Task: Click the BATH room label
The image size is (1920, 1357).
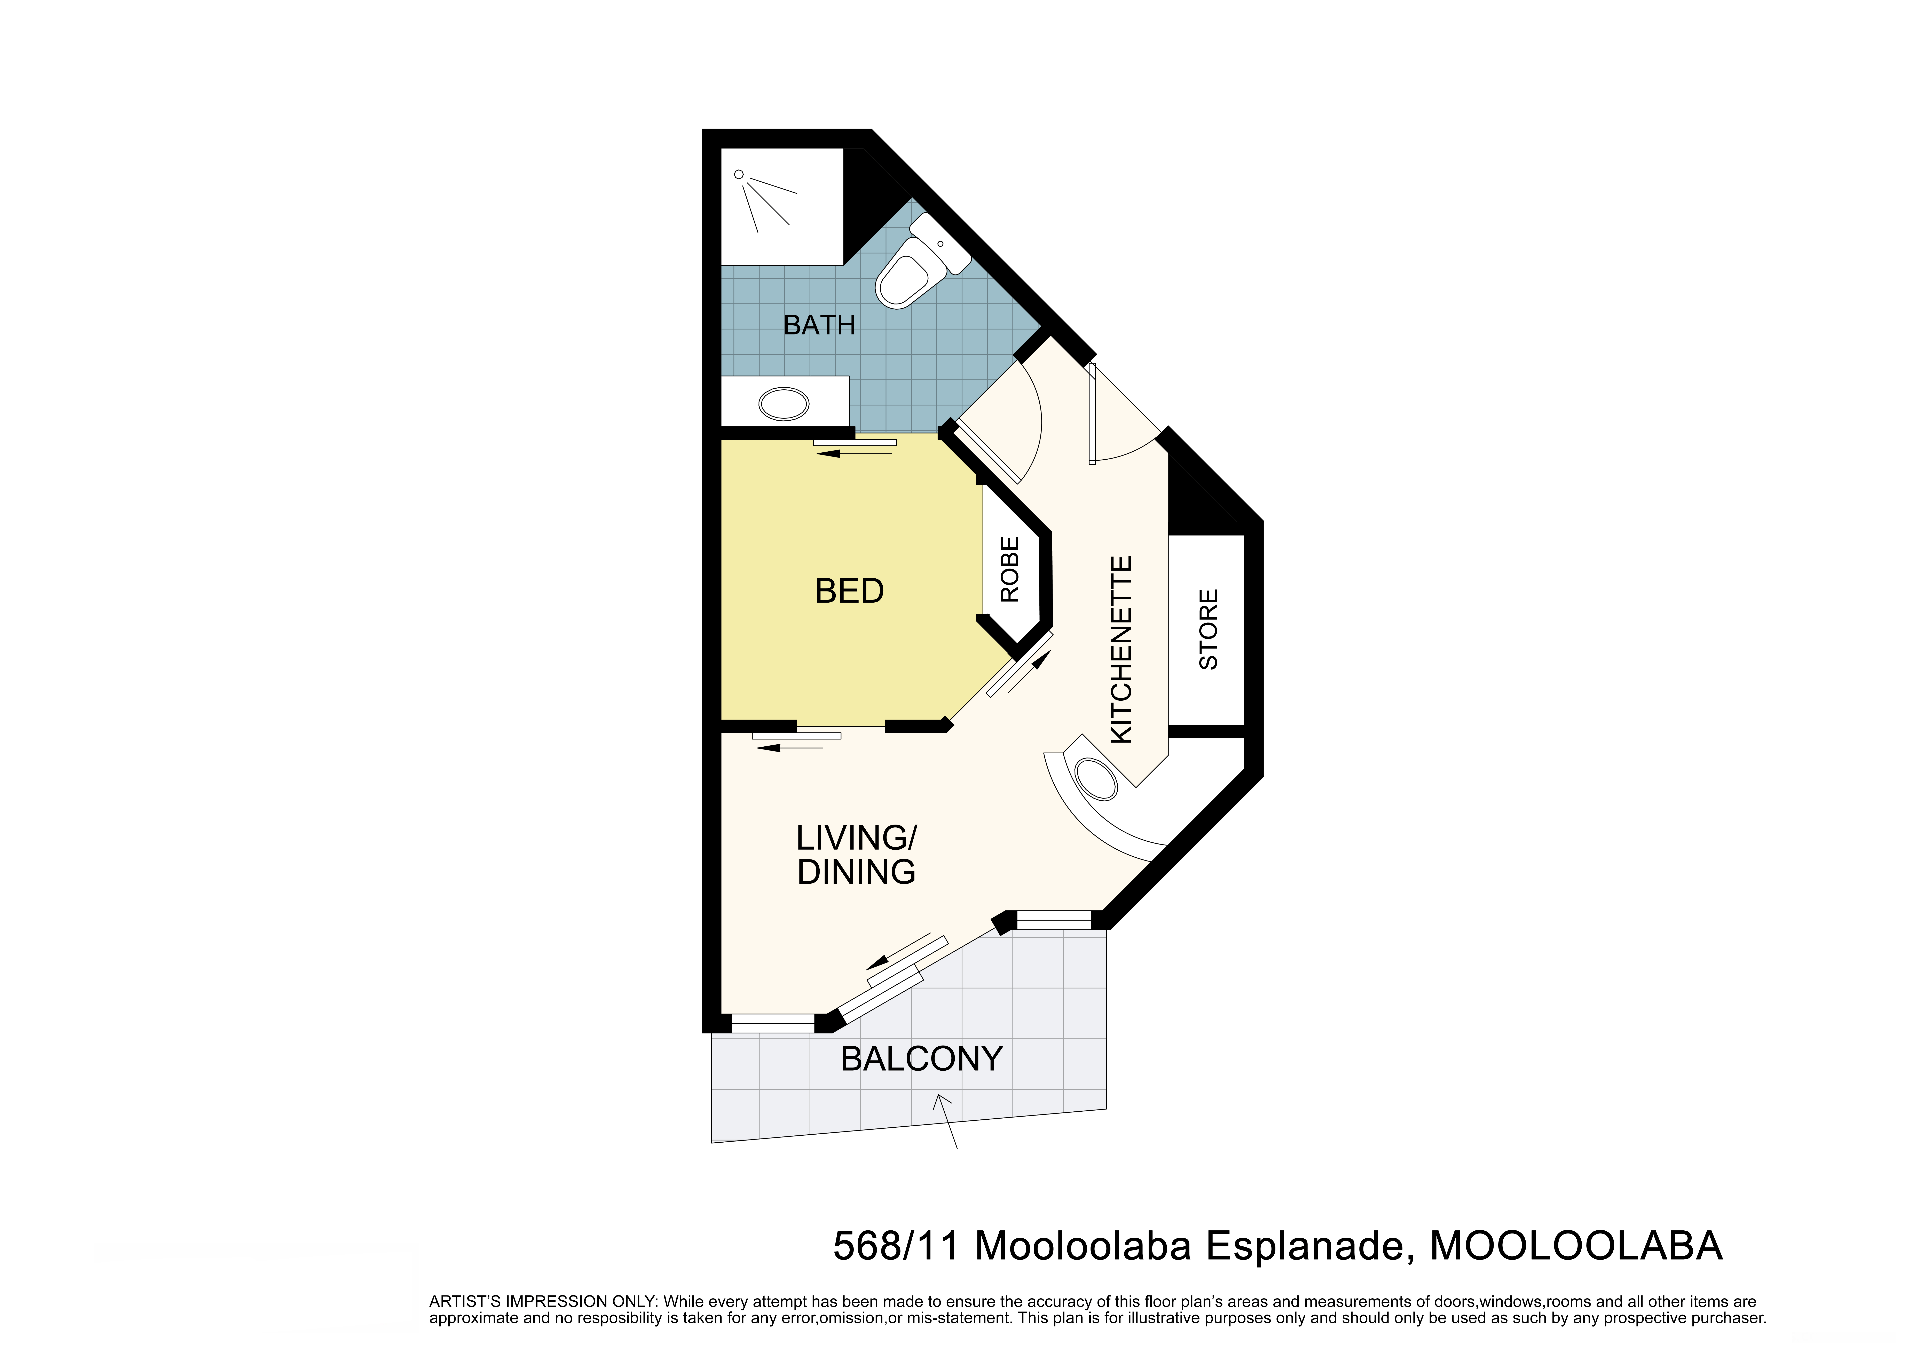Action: (819, 325)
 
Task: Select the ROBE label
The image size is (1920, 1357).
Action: (1010, 569)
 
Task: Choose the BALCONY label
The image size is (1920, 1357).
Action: (922, 1059)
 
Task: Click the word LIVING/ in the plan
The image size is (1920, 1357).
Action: (856, 838)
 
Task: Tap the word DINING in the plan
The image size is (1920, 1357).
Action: (856, 872)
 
